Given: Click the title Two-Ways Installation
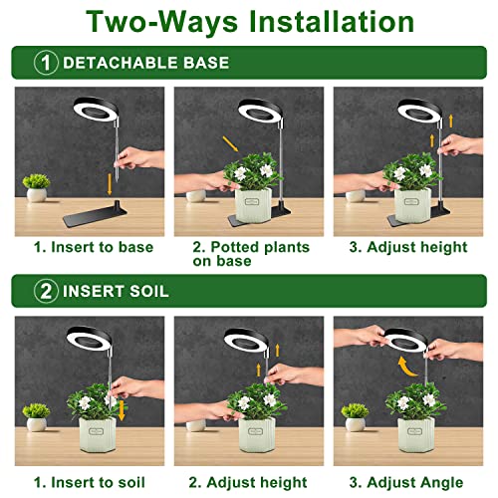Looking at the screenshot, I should pyautogui.click(x=249, y=22).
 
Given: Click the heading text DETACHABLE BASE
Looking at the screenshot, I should pyautogui.click(x=145, y=63).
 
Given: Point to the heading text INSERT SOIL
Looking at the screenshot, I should pyautogui.click(x=116, y=292).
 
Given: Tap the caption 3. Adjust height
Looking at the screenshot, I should pyautogui.click(x=408, y=246).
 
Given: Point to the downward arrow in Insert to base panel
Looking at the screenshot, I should pyautogui.click(x=109, y=183).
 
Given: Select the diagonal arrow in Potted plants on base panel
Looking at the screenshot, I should pyautogui.click(x=230, y=140).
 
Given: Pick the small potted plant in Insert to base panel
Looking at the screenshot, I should pyautogui.click(x=37, y=186).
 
